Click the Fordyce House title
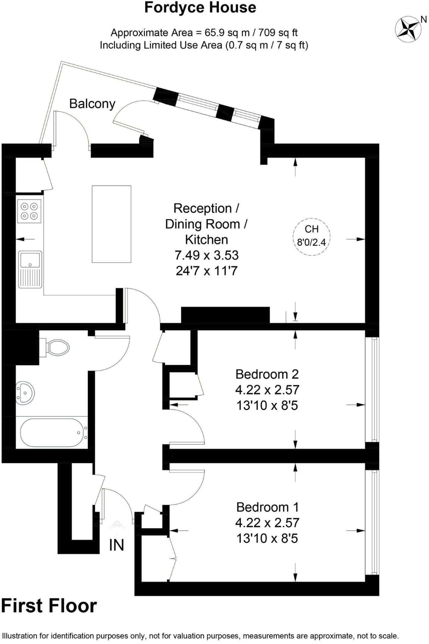tap(200, 8)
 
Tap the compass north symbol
tap(408, 29)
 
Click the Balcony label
tap(92, 104)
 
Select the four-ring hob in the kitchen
tap(29, 211)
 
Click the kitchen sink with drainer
tap(30, 269)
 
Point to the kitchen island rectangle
tap(111, 224)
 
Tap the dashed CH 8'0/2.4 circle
tap(311, 236)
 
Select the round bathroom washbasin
tap(25, 392)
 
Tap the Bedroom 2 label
tap(267, 374)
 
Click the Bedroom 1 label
tap(267, 507)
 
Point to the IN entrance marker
tap(117, 545)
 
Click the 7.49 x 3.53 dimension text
tap(206, 255)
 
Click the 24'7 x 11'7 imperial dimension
tap(206, 270)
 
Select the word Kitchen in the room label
tap(206, 240)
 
